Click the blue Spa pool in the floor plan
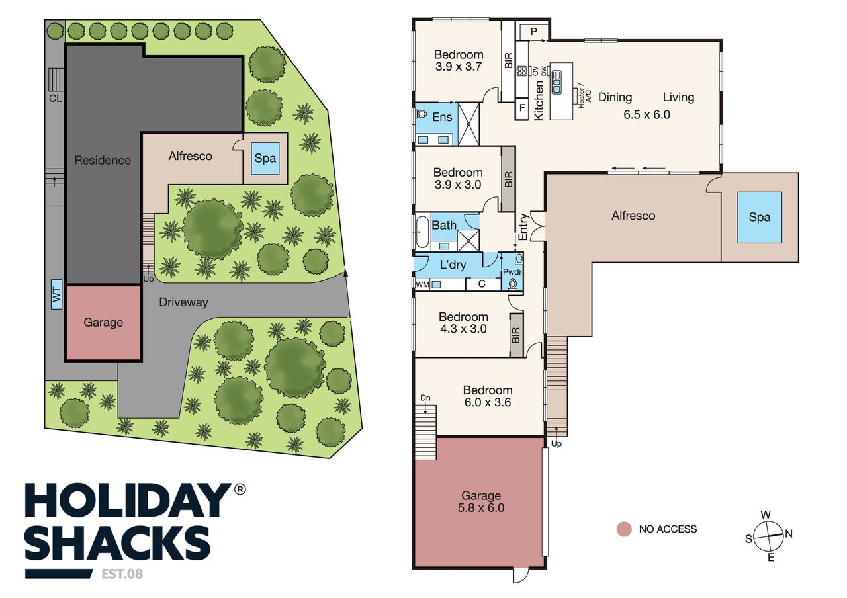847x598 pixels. click(759, 218)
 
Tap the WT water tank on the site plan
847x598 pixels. click(56, 294)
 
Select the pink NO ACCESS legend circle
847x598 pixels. click(624, 529)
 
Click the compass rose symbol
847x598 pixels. click(768, 536)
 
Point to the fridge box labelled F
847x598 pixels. click(522, 108)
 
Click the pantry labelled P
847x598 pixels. click(533, 32)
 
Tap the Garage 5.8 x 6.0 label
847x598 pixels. click(481, 501)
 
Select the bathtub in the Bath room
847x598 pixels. click(422, 232)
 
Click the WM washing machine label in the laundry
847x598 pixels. click(422, 284)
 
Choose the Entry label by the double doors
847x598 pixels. click(523, 227)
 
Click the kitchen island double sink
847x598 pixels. click(557, 82)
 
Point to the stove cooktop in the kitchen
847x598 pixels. click(522, 71)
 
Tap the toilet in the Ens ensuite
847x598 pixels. click(420, 113)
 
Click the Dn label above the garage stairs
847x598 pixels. click(425, 398)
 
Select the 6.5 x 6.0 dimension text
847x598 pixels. click(646, 115)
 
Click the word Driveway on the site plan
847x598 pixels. click(183, 302)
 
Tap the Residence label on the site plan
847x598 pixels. click(103, 160)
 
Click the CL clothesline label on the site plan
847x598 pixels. click(55, 99)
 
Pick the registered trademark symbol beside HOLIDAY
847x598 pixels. click(240, 489)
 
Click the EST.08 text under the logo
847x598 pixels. click(122, 574)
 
